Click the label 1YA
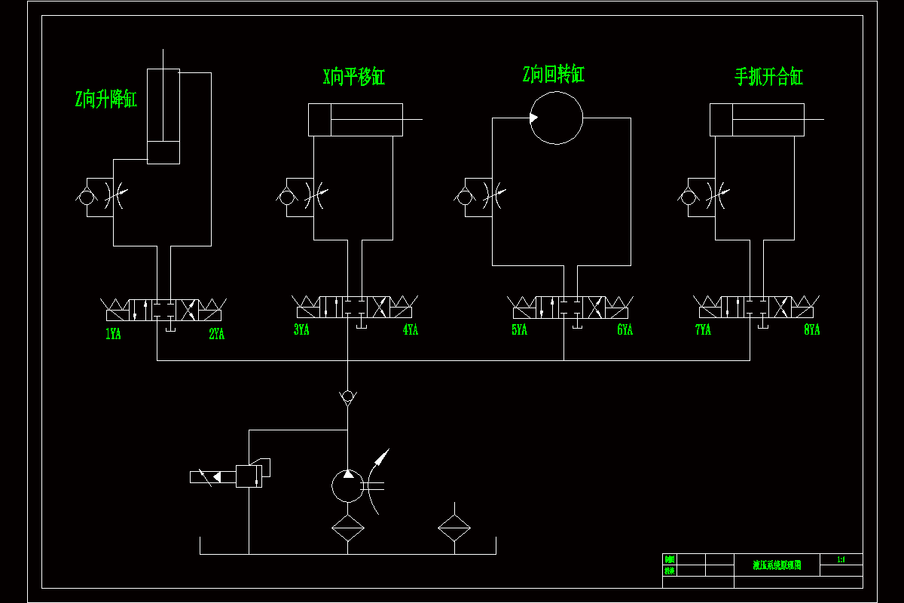tap(113, 334)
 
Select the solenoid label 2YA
tap(217, 334)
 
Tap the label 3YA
tap(301, 329)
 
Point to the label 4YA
tap(411, 329)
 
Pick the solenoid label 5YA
tap(519, 329)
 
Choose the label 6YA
tap(625, 329)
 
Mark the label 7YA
tap(703, 329)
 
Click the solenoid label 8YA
tap(811, 329)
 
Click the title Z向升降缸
tap(106, 99)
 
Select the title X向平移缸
tap(354, 77)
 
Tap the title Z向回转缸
tap(554, 74)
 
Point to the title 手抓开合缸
tap(768, 77)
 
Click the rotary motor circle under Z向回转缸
tap(557, 118)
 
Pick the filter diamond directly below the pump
tap(347, 529)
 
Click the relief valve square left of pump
tap(249, 476)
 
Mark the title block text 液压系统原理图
tap(777, 565)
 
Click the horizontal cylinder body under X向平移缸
tap(356, 120)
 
